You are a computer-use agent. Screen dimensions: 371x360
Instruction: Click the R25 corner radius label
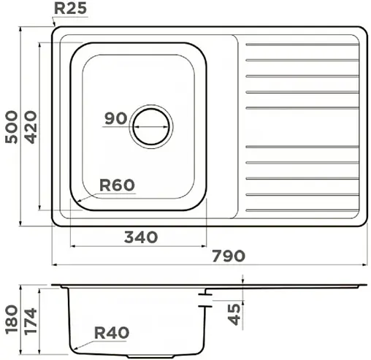click(70, 9)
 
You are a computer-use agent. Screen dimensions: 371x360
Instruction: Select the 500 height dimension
click(12, 127)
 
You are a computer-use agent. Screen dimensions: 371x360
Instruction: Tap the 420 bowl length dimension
click(31, 127)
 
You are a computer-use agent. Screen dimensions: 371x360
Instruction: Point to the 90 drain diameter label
click(116, 118)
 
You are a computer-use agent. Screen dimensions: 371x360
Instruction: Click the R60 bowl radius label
click(117, 185)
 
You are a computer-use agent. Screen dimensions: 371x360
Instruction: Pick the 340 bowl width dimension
click(141, 237)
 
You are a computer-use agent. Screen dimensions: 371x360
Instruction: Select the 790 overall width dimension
click(229, 256)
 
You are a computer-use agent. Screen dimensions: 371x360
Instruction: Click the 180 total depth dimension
click(12, 318)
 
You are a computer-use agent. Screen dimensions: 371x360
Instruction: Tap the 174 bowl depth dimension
click(31, 321)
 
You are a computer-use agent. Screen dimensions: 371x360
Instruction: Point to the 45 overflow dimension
click(234, 315)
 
